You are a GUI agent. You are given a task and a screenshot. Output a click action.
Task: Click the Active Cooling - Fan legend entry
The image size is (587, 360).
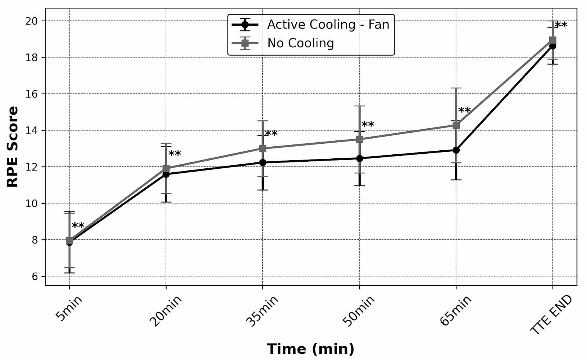click(328, 25)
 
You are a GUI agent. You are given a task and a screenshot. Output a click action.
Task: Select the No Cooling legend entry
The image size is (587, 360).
click(300, 43)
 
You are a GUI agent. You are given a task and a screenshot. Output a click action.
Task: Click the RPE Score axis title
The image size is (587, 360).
click(13, 147)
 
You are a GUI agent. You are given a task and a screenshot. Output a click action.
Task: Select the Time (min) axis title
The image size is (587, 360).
click(310, 349)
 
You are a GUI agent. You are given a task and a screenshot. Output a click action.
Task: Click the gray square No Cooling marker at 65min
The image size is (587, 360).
click(456, 125)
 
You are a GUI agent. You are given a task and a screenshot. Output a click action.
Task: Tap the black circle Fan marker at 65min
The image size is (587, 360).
click(456, 150)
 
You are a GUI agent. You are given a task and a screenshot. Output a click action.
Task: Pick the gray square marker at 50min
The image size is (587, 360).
click(360, 139)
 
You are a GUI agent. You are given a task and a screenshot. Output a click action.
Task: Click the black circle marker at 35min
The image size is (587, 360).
click(263, 162)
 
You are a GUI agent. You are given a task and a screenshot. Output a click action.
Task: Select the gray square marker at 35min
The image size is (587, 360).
click(263, 148)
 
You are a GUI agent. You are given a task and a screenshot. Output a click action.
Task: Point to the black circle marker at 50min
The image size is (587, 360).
click(360, 158)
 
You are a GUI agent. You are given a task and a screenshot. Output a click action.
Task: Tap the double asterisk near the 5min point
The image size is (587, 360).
click(78, 226)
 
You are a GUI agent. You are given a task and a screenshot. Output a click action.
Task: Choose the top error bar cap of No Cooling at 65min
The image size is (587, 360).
click(456, 88)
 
